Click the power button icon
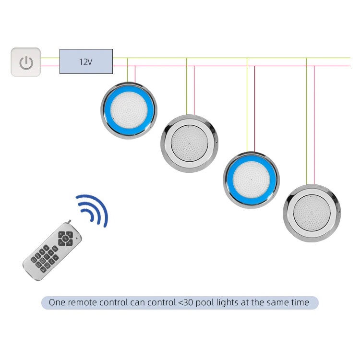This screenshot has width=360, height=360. pyautogui.click(x=26, y=62)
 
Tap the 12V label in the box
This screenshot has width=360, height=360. pyautogui.click(x=86, y=61)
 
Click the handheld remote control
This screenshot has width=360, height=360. pyautogui.click(x=52, y=250)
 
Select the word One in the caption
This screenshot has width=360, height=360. pyautogui.click(x=57, y=303)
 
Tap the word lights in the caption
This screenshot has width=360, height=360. pyautogui.click(x=233, y=303)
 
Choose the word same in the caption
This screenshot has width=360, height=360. pyautogui.click(x=277, y=303)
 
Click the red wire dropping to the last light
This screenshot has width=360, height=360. pyautogui.click(x=314, y=125)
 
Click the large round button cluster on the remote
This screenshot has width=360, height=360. pyautogui.click(x=64, y=238)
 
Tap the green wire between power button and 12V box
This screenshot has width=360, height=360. pyautogui.click(x=50, y=58)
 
